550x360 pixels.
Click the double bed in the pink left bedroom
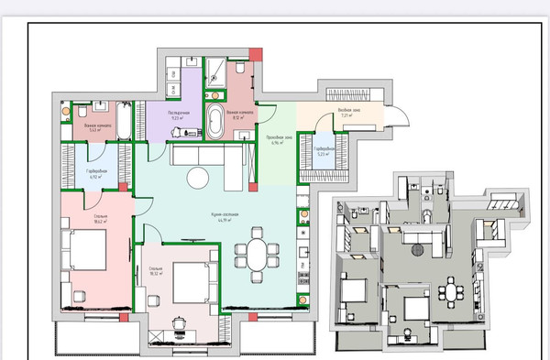coord(85,250)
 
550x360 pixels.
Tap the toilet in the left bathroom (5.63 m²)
coord(67,114)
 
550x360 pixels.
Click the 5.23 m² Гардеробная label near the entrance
coord(325,152)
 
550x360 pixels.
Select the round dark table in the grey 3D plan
coord(419,251)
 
